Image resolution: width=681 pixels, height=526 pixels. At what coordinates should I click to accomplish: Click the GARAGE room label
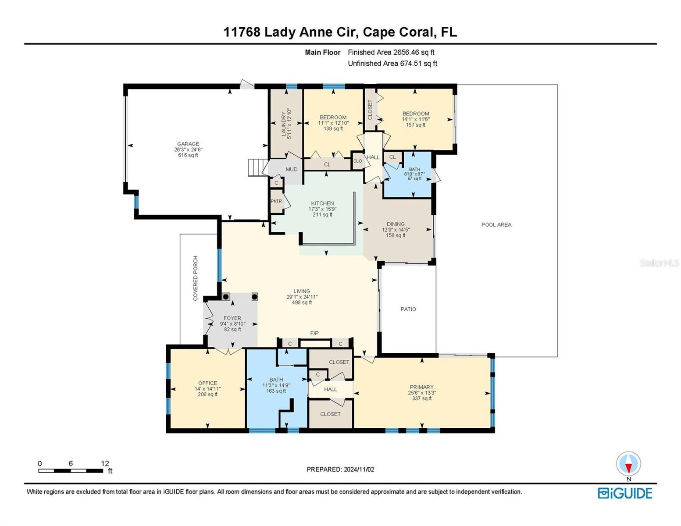click(x=188, y=144)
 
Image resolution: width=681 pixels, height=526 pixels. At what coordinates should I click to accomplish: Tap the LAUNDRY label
click(x=284, y=124)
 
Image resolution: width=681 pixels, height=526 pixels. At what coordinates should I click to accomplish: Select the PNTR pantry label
click(x=276, y=201)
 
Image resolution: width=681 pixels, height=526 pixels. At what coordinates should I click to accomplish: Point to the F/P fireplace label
click(x=314, y=333)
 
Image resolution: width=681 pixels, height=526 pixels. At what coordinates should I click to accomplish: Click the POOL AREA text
click(x=496, y=224)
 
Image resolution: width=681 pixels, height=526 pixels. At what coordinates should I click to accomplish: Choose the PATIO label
click(x=408, y=309)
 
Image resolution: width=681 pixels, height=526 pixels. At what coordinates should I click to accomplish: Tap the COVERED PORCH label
click(x=195, y=278)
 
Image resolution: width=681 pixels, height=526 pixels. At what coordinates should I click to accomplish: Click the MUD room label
click(x=292, y=169)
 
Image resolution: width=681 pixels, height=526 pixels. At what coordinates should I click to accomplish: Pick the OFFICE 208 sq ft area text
click(x=207, y=394)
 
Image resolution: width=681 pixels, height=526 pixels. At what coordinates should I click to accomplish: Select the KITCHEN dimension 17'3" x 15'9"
click(x=322, y=209)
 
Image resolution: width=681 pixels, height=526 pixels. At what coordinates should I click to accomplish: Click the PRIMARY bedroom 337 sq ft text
click(x=421, y=398)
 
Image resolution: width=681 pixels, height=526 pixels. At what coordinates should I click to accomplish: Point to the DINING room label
click(x=396, y=224)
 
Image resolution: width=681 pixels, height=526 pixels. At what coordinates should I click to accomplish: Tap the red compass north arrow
click(x=628, y=468)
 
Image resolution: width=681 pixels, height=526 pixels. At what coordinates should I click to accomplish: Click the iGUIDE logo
click(x=625, y=493)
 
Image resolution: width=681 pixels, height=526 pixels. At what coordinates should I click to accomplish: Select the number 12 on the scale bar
click(x=105, y=463)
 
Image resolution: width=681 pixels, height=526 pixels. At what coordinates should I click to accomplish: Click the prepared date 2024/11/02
click(x=359, y=469)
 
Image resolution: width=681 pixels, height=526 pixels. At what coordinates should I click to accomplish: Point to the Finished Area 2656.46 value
click(x=406, y=52)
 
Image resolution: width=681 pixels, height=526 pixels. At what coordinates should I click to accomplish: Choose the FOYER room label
click(x=232, y=318)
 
